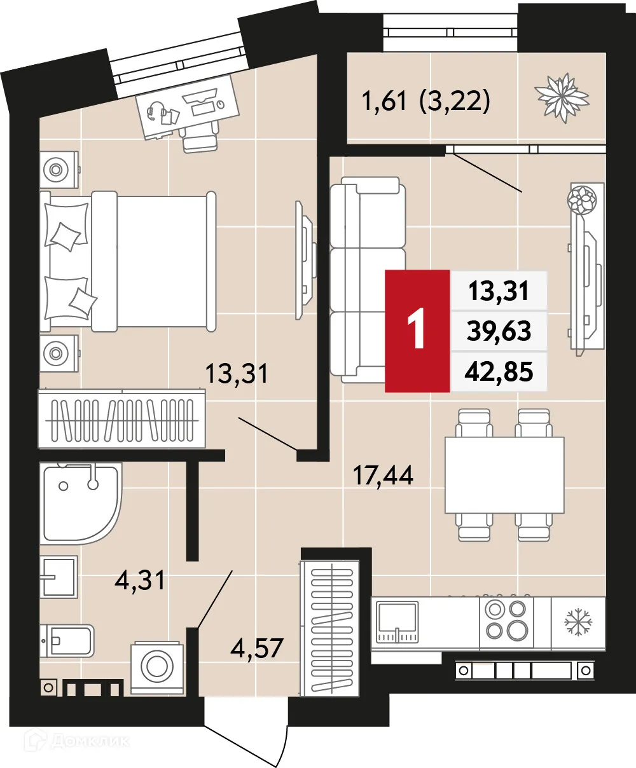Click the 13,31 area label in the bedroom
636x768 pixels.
tap(237, 373)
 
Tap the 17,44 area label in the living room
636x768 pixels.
tap(383, 475)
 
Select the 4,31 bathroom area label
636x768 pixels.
tap(141, 580)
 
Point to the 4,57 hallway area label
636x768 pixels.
tap(257, 649)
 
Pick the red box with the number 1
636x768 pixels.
tap(417, 331)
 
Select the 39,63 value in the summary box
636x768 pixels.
tap(499, 331)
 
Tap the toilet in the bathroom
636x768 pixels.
tap(67, 640)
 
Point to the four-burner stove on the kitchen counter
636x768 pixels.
tap(506, 620)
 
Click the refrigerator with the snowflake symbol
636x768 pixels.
tap(578, 621)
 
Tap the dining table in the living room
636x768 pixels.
tap(504, 475)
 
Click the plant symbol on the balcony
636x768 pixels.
tap(562, 97)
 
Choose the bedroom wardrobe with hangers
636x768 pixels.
tap(121, 420)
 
